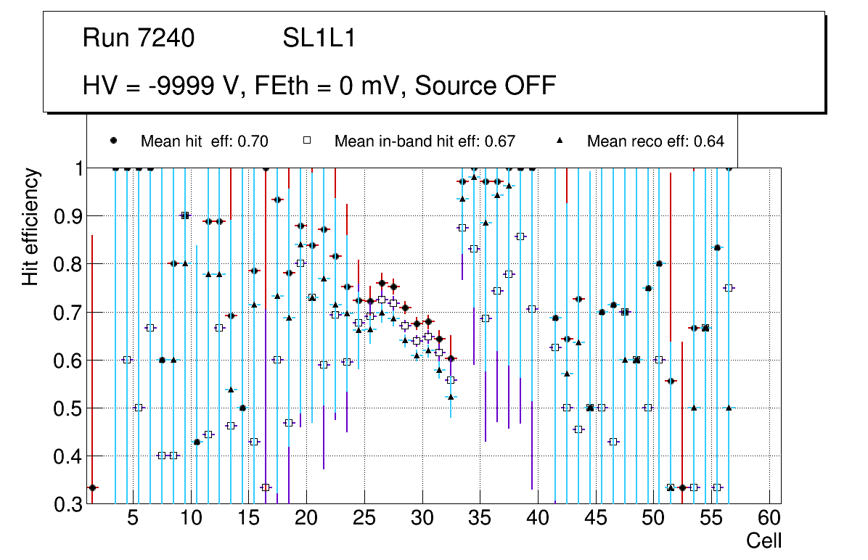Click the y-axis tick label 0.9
point(67,216)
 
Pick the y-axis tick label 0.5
point(67,408)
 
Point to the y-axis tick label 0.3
point(67,504)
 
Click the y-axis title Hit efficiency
point(30,227)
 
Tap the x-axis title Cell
point(763,541)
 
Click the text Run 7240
point(138,38)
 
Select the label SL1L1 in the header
point(319,38)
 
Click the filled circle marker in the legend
point(113,141)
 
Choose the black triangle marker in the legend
point(560,141)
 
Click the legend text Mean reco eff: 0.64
point(655,141)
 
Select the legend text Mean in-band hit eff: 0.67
point(425,141)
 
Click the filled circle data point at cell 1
point(92,487)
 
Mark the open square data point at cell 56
point(729,288)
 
